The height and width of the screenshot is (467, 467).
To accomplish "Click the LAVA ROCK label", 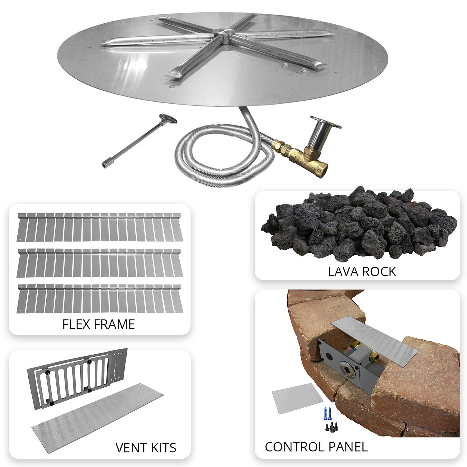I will (362, 271).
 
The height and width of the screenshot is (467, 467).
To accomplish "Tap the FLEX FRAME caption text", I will (98, 324).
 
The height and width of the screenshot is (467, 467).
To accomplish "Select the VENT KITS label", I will (146, 448).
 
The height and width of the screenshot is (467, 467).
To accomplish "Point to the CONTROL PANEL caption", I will (316, 447).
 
